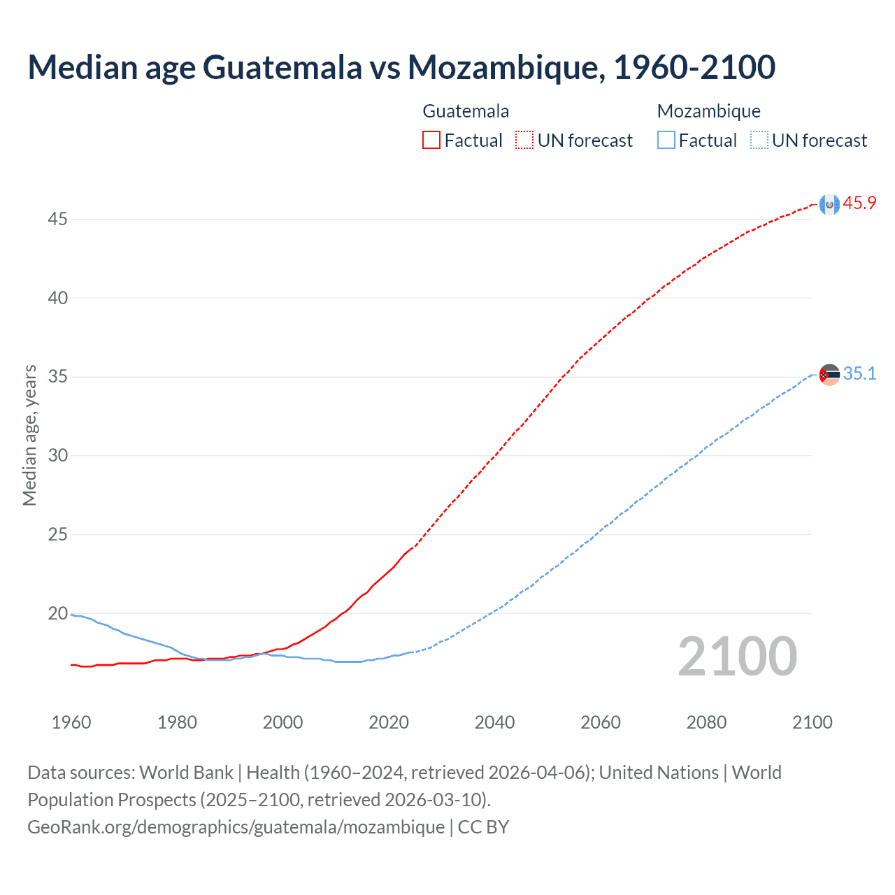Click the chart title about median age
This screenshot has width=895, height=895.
coord(401,67)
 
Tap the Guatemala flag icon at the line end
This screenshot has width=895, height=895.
coord(829,204)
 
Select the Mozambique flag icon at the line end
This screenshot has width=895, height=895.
coord(829,375)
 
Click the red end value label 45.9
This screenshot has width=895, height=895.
coord(859,203)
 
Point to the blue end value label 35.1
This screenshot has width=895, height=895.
coord(859,374)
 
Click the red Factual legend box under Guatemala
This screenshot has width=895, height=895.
coord(431,141)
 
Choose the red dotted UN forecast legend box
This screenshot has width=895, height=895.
coord(524,141)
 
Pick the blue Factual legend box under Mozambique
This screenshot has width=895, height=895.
coord(666,141)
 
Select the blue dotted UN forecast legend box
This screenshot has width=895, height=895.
coord(759,141)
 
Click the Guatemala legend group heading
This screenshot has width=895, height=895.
coord(466,111)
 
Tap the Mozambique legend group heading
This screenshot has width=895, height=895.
coord(708,111)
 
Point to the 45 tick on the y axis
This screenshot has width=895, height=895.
coord(57,220)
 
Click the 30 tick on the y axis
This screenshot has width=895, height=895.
coord(57,456)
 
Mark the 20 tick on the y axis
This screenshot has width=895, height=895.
coord(57,614)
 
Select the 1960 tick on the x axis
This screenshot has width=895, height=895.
coord(71,722)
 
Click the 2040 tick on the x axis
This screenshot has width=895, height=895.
coord(494,722)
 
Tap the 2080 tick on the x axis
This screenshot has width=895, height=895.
coord(706,722)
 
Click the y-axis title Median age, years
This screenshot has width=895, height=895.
coord(29,435)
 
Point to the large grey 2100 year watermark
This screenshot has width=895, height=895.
coord(737,657)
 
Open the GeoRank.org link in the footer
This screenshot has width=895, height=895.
coord(236,827)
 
